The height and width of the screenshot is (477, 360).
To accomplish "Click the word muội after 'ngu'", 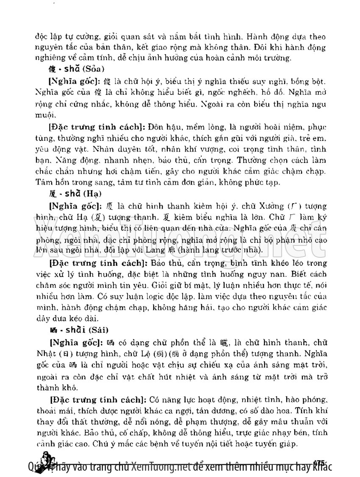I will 44,114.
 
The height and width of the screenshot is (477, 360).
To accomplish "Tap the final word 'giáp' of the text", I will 290,444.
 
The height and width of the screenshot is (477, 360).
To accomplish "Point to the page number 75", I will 320,462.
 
